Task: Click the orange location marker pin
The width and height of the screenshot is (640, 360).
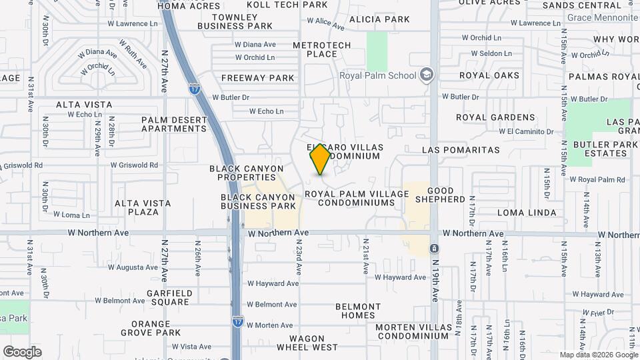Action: point(321,159)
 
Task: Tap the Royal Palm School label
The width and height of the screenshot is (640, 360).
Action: point(377,75)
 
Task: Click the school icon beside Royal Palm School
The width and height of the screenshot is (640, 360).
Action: point(426,75)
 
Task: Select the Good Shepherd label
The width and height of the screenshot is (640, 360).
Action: point(440,195)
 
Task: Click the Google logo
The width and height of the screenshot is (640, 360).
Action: point(22,352)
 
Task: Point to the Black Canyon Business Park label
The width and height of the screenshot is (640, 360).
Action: point(258,201)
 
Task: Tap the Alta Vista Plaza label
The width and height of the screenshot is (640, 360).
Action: point(137,207)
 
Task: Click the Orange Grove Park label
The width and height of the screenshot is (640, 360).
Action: point(151,328)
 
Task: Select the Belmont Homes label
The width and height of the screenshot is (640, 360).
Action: point(358,311)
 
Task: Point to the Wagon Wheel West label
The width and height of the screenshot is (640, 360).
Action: point(307,343)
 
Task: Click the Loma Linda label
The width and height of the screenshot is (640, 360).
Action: point(527,213)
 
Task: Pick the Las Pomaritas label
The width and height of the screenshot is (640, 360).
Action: point(461,150)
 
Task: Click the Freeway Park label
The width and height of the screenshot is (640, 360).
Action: point(257,78)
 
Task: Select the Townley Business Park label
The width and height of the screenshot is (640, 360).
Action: point(235,21)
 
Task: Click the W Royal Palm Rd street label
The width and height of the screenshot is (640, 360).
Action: point(601,179)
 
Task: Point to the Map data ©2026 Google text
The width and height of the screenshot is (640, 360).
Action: point(599,355)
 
